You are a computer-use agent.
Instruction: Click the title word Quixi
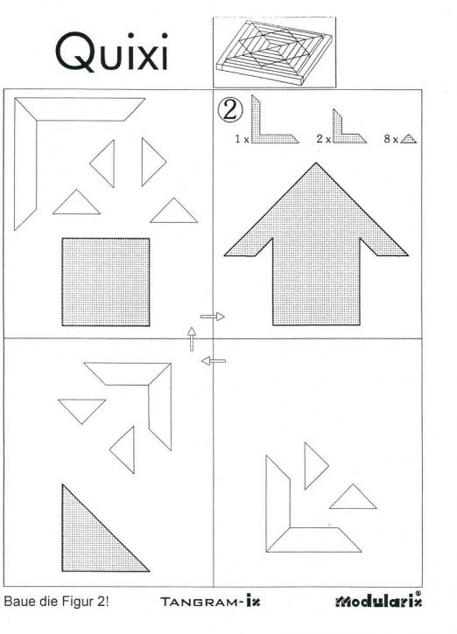(x=112, y=52)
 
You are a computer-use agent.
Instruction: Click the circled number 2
(x=230, y=110)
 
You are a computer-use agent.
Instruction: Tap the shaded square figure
(x=106, y=282)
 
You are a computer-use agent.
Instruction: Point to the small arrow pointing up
(x=192, y=338)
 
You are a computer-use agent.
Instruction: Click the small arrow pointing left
(x=214, y=360)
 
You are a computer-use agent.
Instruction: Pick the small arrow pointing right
(x=213, y=317)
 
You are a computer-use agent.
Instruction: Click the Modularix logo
(x=378, y=602)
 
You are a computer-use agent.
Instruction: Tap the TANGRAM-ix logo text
(x=210, y=602)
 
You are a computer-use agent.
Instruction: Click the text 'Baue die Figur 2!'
(x=56, y=602)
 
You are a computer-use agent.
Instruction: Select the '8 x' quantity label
(x=391, y=139)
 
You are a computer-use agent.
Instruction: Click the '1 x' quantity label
(x=242, y=139)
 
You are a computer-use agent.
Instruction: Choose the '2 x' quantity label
(x=324, y=139)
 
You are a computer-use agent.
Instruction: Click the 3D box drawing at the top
(x=274, y=52)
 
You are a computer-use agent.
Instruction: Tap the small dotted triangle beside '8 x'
(x=409, y=140)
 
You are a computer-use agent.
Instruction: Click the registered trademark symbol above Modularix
(x=418, y=593)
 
